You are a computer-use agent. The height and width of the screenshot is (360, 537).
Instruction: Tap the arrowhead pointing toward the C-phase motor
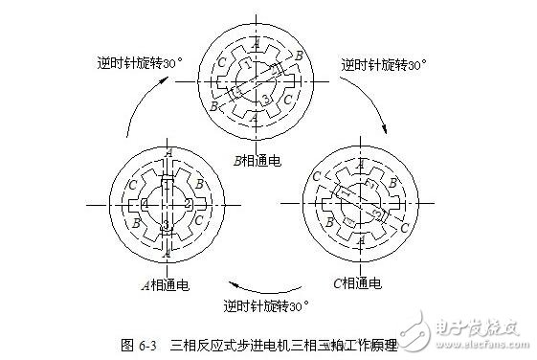pos(384,130)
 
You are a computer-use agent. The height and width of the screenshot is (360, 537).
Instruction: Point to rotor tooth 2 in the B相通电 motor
pos(277,70)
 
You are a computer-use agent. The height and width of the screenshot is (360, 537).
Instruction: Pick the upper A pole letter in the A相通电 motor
pos(167,152)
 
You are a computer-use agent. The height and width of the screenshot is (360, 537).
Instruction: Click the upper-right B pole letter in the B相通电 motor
pos(299,56)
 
